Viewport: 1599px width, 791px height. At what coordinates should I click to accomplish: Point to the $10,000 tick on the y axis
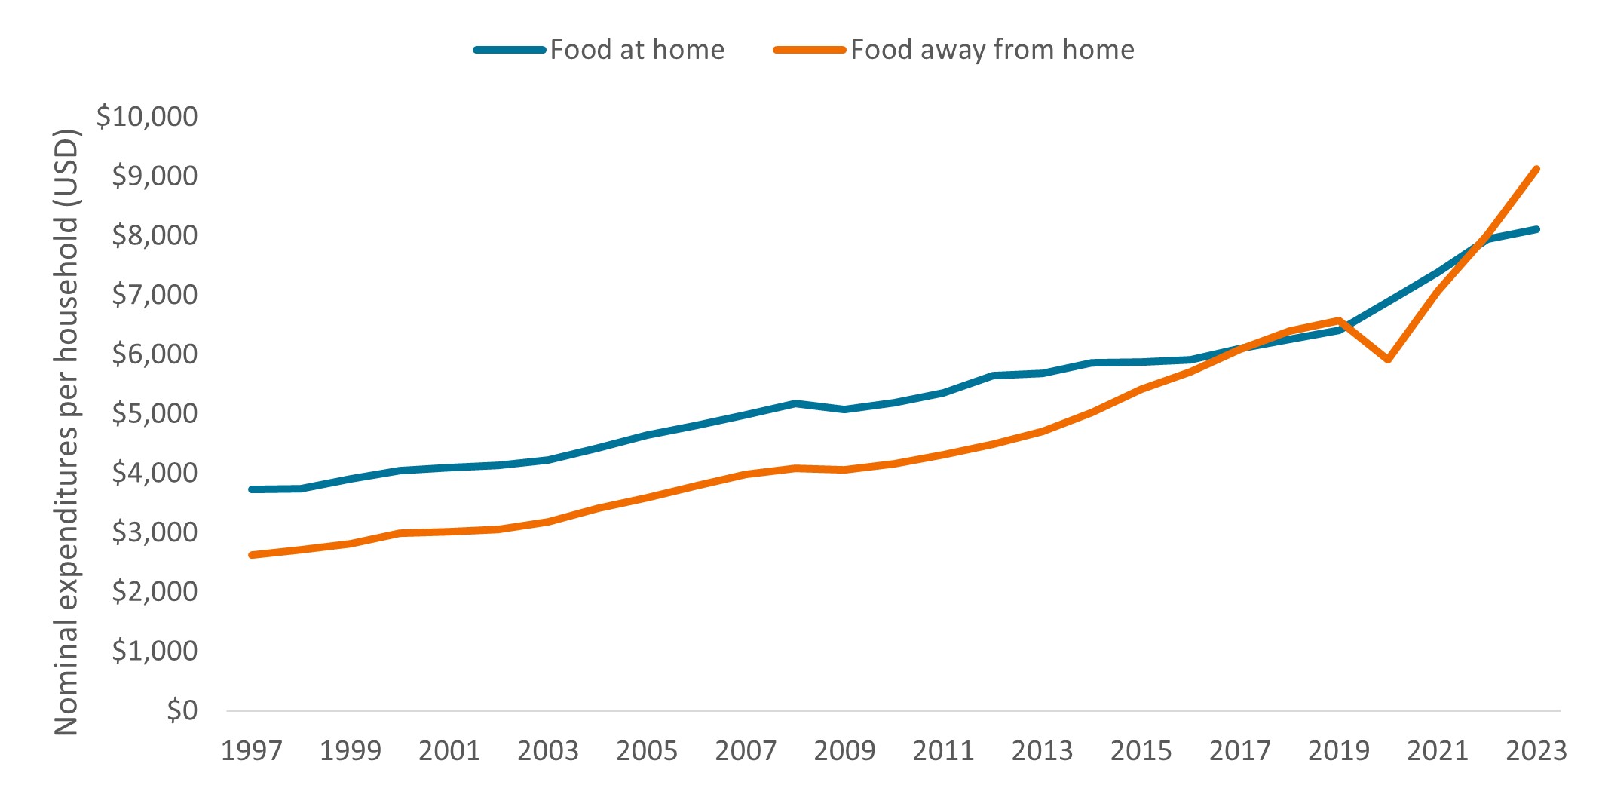click(x=147, y=116)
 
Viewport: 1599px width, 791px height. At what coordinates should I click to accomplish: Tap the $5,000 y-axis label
click(x=155, y=413)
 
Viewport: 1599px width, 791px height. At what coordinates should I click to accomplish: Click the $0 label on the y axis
click(x=182, y=710)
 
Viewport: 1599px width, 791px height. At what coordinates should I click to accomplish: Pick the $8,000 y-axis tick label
click(x=155, y=235)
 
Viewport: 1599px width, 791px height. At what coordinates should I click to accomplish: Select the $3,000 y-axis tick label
click(x=155, y=532)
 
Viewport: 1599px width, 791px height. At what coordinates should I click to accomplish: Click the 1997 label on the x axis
click(x=251, y=750)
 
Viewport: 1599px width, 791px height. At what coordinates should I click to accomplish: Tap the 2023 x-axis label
click(x=1536, y=750)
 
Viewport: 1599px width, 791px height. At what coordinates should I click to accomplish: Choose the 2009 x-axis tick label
click(x=844, y=750)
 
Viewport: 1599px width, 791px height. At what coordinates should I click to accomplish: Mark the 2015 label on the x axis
click(x=1141, y=750)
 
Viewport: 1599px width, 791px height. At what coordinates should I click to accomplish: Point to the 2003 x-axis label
click(x=548, y=750)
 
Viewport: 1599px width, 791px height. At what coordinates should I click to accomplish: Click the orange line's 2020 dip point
click(x=1388, y=360)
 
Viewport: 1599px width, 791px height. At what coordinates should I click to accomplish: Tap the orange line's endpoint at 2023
click(x=1536, y=169)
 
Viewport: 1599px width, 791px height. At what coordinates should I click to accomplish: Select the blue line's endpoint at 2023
click(x=1536, y=229)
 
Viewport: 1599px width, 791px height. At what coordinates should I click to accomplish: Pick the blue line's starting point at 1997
click(x=251, y=489)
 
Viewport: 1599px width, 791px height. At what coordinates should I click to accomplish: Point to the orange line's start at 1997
click(x=251, y=555)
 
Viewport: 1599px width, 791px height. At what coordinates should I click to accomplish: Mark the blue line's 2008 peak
click(x=795, y=403)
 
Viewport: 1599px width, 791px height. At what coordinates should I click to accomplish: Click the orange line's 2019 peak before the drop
click(x=1339, y=320)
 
